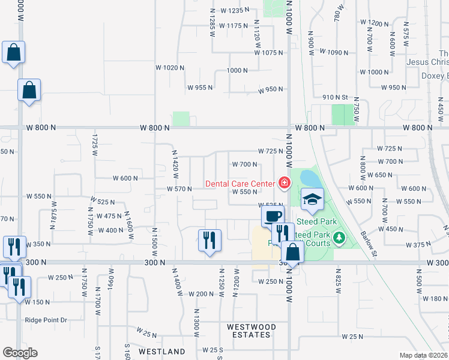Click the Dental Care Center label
click(x=240, y=183)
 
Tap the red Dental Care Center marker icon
click(x=284, y=182)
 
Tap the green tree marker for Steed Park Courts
click(x=340, y=238)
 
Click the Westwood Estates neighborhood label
click(x=252, y=327)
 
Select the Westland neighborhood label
click(x=162, y=351)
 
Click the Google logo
click(x=20, y=353)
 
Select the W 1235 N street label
click(x=235, y=11)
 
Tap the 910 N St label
click(x=335, y=97)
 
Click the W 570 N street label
click(x=179, y=189)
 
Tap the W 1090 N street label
click(x=334, y=53)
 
